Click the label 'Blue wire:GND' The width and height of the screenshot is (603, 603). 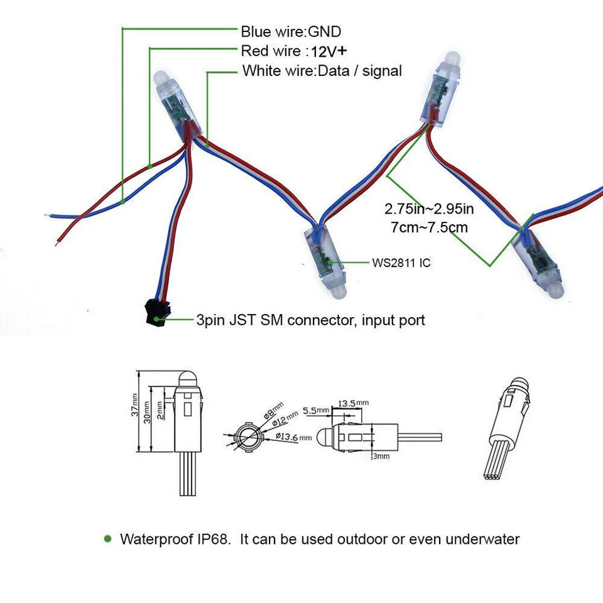point(291,31)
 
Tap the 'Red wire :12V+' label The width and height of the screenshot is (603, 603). point(294,51)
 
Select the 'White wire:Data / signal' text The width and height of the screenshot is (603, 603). point(322,71)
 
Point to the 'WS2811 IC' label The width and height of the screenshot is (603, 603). point(401,263)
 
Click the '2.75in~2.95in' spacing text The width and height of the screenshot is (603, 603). point(429,209)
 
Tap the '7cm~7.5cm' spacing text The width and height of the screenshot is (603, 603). point(429,227)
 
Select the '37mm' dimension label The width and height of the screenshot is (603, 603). point(134,405)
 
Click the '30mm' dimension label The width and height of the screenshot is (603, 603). point(147,412)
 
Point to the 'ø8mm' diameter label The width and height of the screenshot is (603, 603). point(273,410)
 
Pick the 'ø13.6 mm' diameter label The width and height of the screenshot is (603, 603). point(294,437)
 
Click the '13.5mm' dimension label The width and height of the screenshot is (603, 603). point(353,403)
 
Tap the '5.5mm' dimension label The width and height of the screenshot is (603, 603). point(316,411)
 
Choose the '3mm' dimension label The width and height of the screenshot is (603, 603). point(381,457)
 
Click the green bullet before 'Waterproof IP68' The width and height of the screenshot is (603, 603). point(107,539)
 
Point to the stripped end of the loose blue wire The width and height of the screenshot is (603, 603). point(48,215)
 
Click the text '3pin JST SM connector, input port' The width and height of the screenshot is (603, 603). point(311,320)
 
